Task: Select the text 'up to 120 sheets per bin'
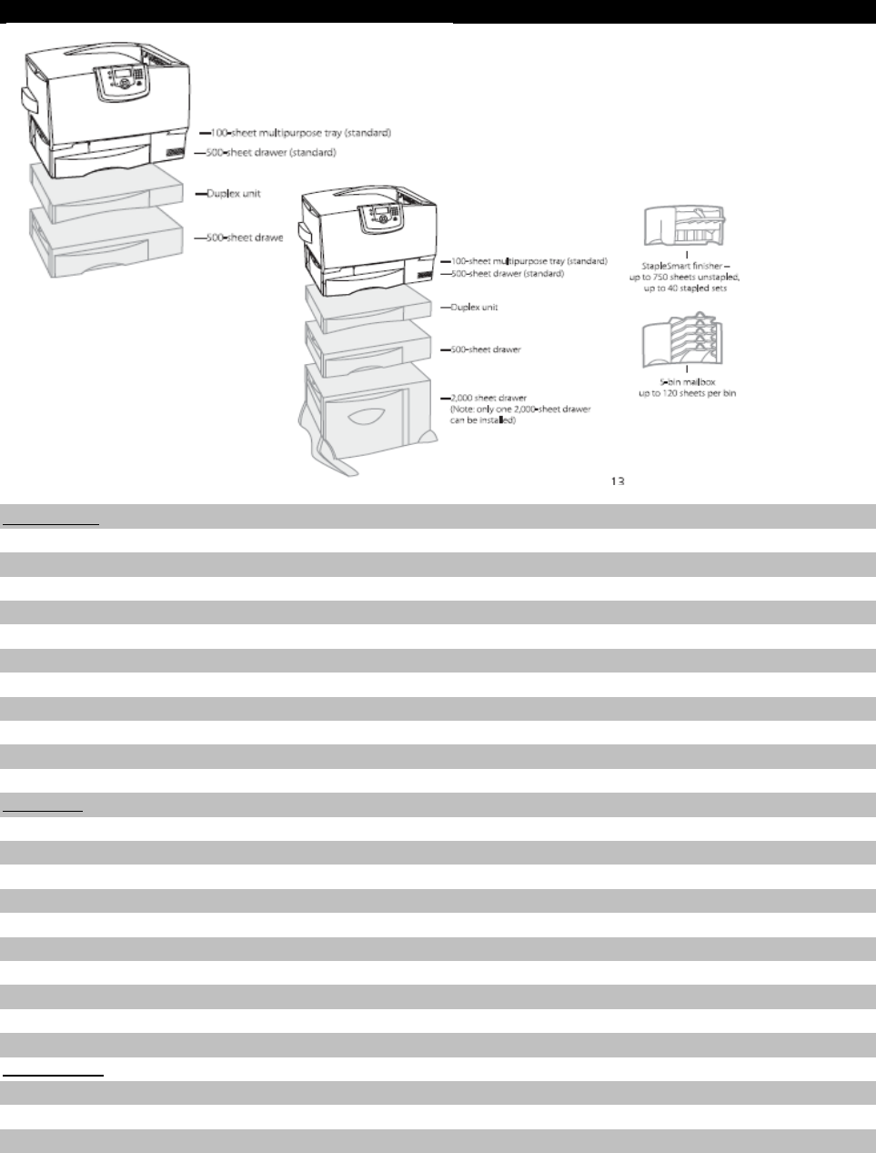[686, 393]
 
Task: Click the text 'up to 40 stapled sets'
[687, 288]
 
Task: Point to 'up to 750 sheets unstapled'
[687, 276]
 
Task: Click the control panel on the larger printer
[123, 75]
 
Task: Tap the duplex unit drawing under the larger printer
[114, 191]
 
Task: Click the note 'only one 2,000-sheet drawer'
[520, 410]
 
